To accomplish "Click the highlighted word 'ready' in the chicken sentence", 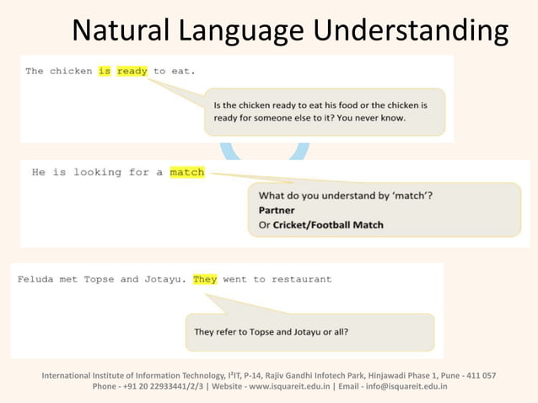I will [132, 71].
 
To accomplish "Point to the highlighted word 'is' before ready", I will [105, 71].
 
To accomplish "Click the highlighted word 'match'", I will [186, 172].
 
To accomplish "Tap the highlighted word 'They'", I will [205, 279].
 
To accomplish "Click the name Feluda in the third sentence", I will [35, 279].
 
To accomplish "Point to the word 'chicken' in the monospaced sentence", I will [71, 71].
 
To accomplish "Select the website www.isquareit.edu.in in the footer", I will [277, 387].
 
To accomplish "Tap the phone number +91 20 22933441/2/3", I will [165, 387].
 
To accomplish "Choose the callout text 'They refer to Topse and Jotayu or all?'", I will [271, 331].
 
